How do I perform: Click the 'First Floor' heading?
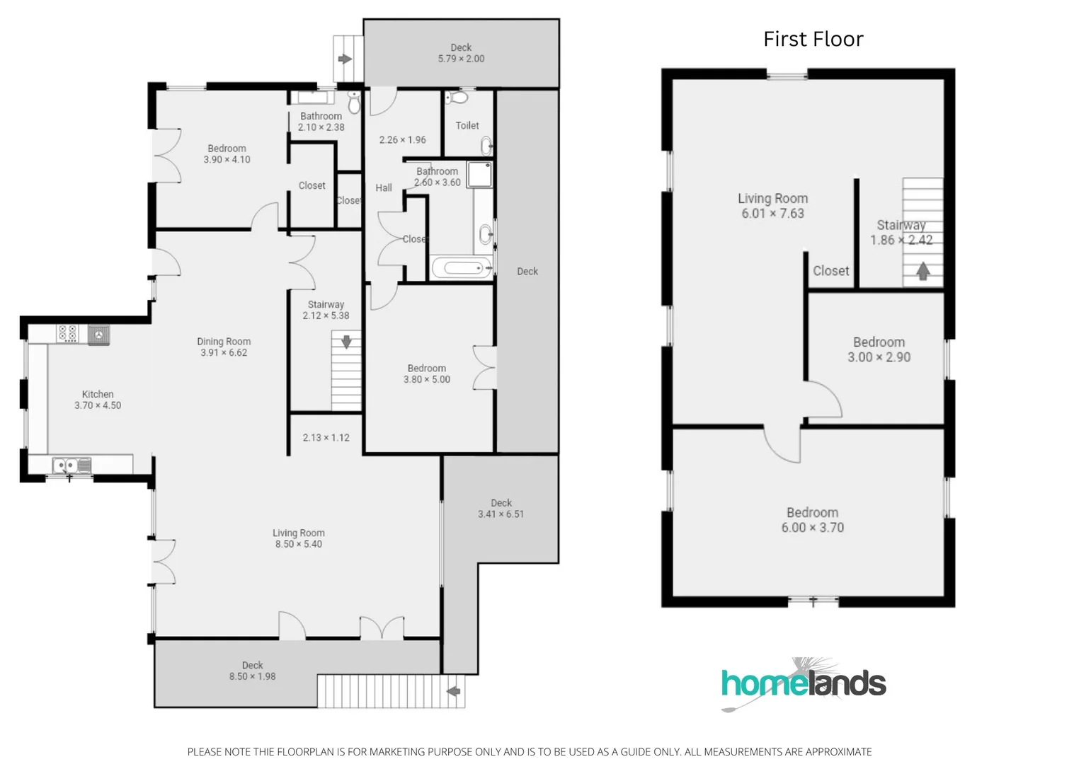813,39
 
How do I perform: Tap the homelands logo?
804,683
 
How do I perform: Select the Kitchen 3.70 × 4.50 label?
98,400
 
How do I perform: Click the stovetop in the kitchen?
67,333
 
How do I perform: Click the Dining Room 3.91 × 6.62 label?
224,347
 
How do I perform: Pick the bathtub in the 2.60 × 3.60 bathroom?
462,268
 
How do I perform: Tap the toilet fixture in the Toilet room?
459,97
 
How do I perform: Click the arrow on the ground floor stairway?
346,342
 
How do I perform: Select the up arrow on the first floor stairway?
922,271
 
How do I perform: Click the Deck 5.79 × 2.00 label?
461,53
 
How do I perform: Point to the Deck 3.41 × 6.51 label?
501,509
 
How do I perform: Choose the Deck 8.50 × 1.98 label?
252,671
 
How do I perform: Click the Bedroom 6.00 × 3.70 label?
812,520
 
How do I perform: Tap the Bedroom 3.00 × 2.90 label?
879,349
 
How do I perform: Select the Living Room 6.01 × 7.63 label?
772,206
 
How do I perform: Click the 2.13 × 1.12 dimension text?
326,438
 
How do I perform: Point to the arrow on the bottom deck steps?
453,691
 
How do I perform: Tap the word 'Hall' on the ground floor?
384,188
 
